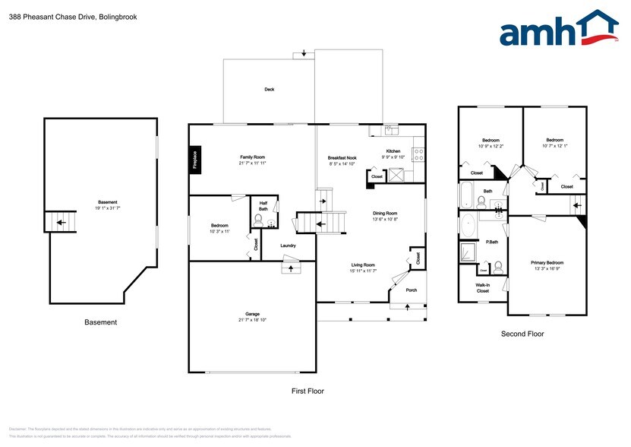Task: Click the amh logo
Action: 558,32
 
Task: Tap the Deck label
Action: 269,89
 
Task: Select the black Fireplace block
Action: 195,160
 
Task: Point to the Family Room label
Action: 252,157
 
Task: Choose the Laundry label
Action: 288,246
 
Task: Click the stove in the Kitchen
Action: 418,154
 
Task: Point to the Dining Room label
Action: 385,213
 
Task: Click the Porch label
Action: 411,290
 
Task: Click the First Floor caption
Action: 308,391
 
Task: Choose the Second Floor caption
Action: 522,334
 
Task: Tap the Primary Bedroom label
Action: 547,262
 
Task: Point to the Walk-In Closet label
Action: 483,287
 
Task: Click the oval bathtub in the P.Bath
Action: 469,227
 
